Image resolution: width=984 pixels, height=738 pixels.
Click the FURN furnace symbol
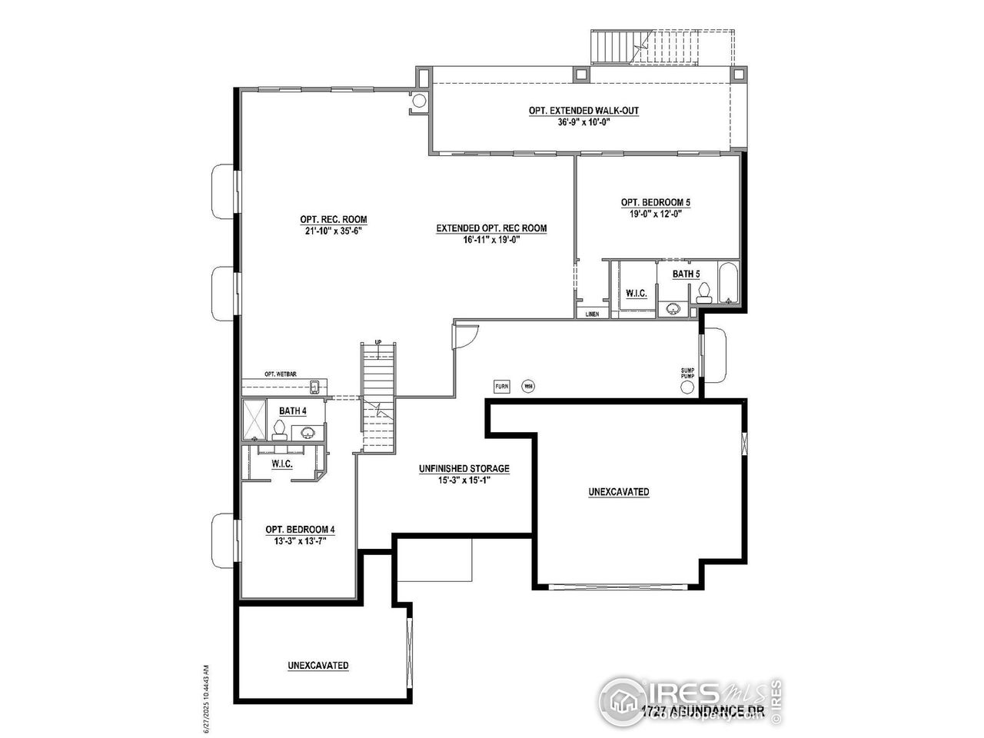click(x=501, y=386)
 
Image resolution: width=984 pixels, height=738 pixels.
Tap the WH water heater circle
click(x=528, y=386)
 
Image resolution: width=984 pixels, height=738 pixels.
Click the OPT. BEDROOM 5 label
click(x=655, y=202)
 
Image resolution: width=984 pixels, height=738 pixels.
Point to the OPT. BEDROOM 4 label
click(x=299, y=529)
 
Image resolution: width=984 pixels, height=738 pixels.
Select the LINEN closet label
click(x=592, y=314)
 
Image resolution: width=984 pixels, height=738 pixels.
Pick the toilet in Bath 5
click(x=703, y=292)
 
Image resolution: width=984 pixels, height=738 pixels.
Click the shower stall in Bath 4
click(x=255, y=419)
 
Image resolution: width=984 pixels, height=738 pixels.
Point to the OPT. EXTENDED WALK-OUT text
click(x=583, y=111)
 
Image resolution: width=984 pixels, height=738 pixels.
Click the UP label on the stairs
click(x=377, y=342)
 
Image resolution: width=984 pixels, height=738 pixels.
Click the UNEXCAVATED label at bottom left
click(x=318, y=665)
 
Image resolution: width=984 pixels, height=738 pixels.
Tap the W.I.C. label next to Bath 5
click(x=636, y=293)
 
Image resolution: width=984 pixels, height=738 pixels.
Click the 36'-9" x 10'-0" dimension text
click(x=583, y=121)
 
